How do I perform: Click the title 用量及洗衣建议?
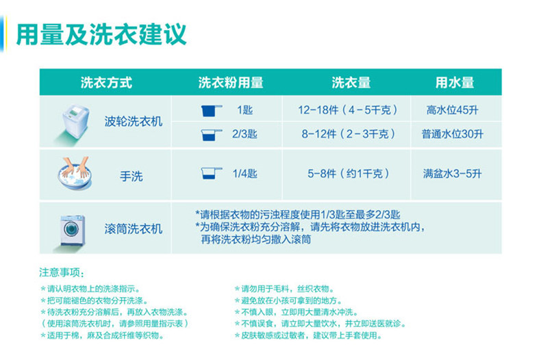(x=101, y=33)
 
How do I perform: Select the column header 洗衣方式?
(x=106, y=83)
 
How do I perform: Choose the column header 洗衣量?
(x=351, y=83)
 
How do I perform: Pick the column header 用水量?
(x=455, y=83)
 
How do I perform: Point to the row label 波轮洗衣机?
(x=134, y=121)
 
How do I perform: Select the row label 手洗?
(x=131, y=176)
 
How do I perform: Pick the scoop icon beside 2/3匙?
(x=211, y=134)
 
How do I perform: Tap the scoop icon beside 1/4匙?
(x=211, y=174)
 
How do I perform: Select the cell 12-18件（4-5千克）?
(x=349, y=110)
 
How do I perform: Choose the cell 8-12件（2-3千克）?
(x=349, y=134)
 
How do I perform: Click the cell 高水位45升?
(x=453, y=110)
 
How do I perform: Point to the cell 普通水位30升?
(x=453, y=134)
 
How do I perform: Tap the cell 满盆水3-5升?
(x=453, y=174)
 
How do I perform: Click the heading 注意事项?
(x=64, y=272)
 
